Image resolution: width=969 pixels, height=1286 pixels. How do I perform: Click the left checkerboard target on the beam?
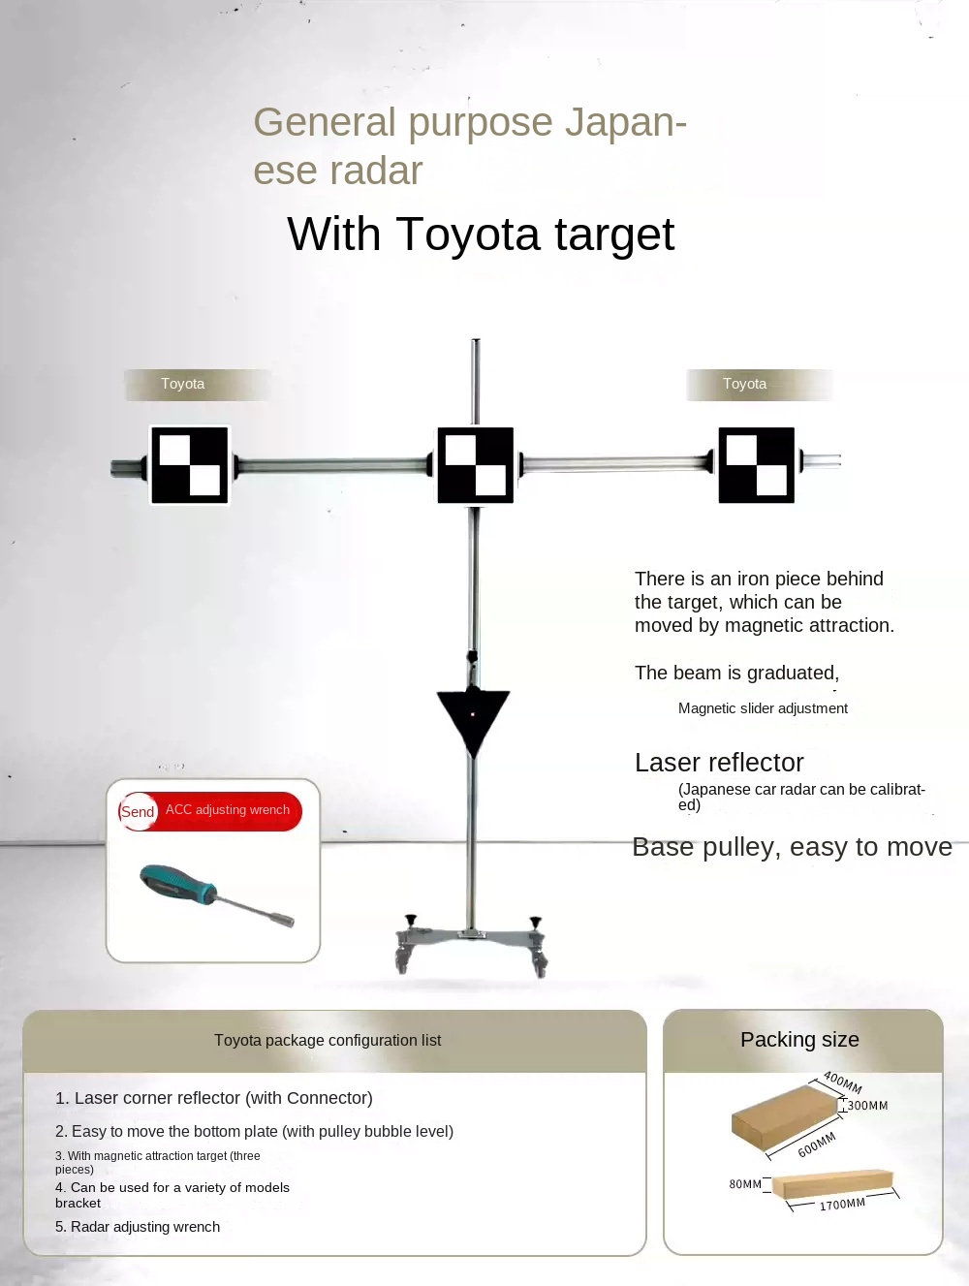click(x=189, y=465)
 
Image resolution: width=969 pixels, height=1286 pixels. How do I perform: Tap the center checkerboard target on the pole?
click(x=475, y=465)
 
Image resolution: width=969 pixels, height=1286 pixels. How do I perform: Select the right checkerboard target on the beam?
click(x=757, y=465)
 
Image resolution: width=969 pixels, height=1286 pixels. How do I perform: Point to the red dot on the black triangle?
click(x=473, y=715)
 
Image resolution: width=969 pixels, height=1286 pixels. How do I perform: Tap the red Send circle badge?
click(x=138, y=811)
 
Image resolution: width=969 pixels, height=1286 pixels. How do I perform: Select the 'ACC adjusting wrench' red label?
click(x=228, y=809)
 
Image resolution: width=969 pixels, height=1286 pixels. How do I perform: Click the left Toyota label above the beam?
click(x=183, y=384)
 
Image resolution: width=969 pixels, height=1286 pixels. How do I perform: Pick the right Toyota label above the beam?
click(x=744, y=384)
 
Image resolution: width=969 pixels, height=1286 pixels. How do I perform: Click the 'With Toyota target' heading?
click(x=481, y=235)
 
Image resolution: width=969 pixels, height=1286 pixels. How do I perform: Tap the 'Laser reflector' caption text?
click(x=719, y=763)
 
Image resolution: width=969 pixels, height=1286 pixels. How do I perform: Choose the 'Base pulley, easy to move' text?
click(x=792, y=847)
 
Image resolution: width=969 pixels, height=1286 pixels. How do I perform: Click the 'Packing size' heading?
click(x=799, y=1039)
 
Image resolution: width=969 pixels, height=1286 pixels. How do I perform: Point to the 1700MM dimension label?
click(x=842, y=1205)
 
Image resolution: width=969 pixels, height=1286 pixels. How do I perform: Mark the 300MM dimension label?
click(x=867, y=1106)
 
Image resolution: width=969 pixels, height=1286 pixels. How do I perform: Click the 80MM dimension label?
click(x=745, y=1184)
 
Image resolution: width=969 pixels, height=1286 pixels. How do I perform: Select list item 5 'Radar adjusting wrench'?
click(x=138, y=1227)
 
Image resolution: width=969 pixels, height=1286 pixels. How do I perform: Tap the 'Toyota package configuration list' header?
click(x=328, y=1041)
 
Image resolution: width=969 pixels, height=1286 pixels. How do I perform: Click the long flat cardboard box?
click(x=832, y=1183)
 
